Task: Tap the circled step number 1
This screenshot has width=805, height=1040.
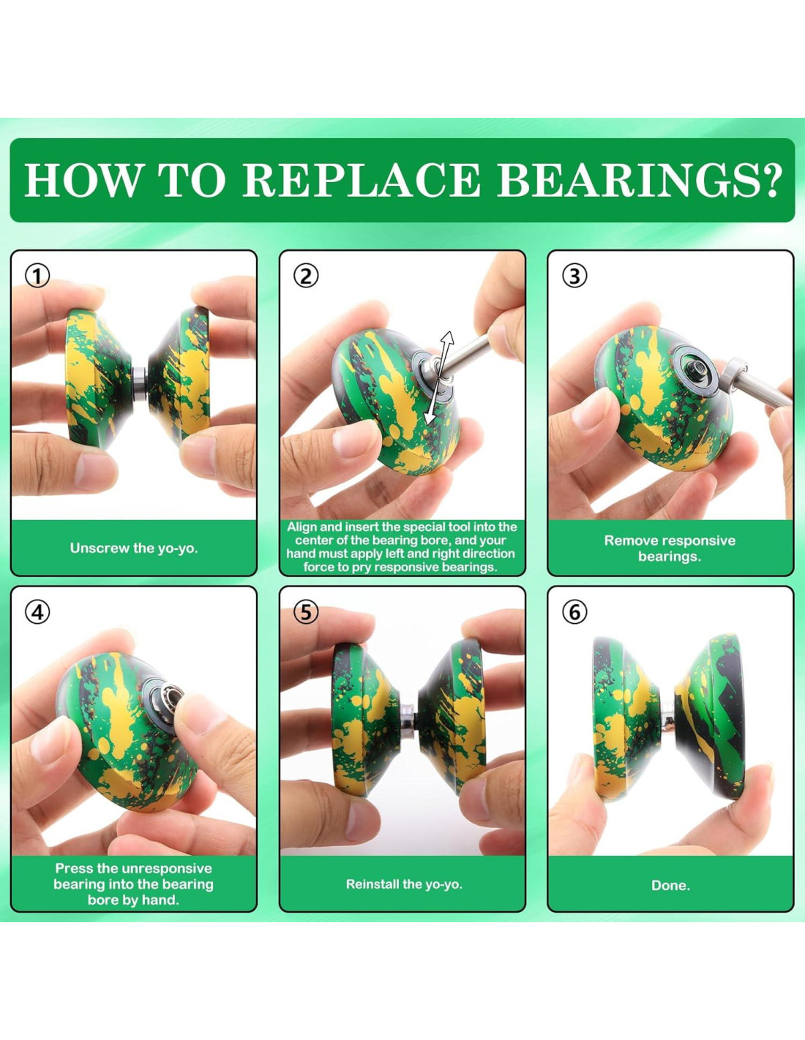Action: pyautogui.click(x=37, y=276)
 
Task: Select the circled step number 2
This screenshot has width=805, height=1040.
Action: pyautogui.click(x=305, y=276)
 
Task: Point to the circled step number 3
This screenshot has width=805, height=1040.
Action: pyautogui.click(x=574, y=276)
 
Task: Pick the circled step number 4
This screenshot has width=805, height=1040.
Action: pyautogui.click(x=37, y=612)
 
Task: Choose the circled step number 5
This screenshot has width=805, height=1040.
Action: pyautogui.click(x=305, y=612)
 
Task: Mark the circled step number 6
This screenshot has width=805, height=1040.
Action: pyautogui.click(x=574, y=612)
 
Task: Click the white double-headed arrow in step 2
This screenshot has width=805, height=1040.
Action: pyautogui.click(x=438, y=377)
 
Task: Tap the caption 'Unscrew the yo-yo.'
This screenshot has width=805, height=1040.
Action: pyautogui.click(x=134, y=548)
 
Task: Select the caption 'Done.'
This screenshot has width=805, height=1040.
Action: pyautogui.click(x=670, y=886)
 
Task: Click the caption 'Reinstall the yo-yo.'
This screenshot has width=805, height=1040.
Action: pyautogui.click(x=404, y=884)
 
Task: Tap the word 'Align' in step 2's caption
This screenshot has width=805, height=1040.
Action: pyautogui.click(x=302, y=527)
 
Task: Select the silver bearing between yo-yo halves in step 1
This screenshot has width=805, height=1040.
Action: pyautogui.click(x=139, y=383)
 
